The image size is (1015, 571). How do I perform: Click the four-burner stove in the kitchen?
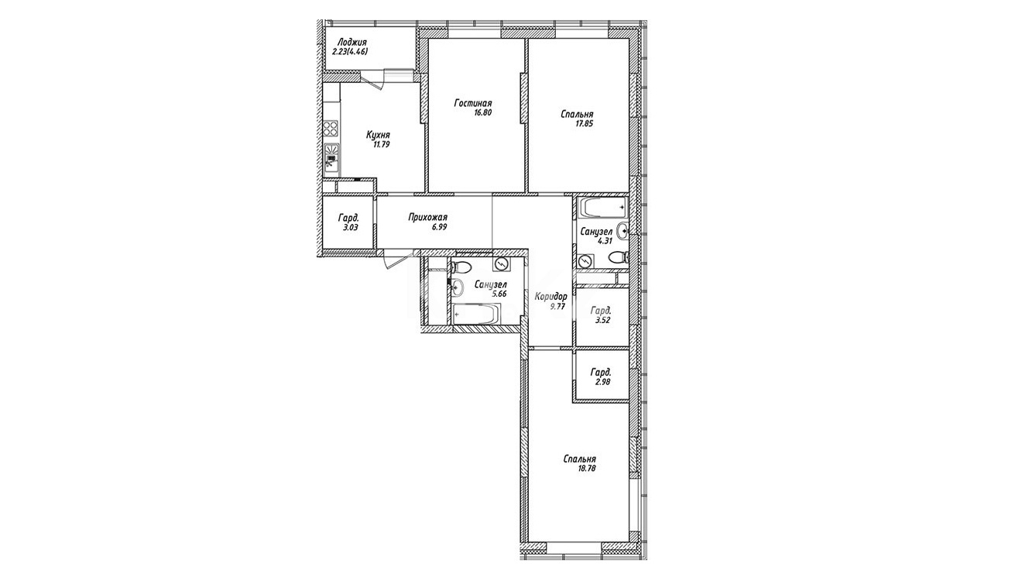tap(331, 128)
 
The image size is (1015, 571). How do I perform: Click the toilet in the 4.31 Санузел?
tap(619, 257)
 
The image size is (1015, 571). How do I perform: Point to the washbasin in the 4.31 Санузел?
tap(622, 230)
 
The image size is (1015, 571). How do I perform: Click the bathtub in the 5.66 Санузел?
tap(476, 314)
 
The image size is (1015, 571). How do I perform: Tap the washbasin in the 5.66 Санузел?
tap(458, 287)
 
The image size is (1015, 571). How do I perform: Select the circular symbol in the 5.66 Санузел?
tap(502, 264)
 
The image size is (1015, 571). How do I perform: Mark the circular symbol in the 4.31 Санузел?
tap(585, 261)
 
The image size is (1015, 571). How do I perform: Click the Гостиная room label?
tap(472, 103)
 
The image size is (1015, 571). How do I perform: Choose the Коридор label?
tap(550, 297)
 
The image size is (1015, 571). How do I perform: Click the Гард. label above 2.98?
tap(601, 373)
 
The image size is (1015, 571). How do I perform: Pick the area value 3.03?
tap(351, 228)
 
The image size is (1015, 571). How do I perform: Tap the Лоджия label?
tap(349, 42)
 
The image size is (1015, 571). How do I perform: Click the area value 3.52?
tap(602, 320)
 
